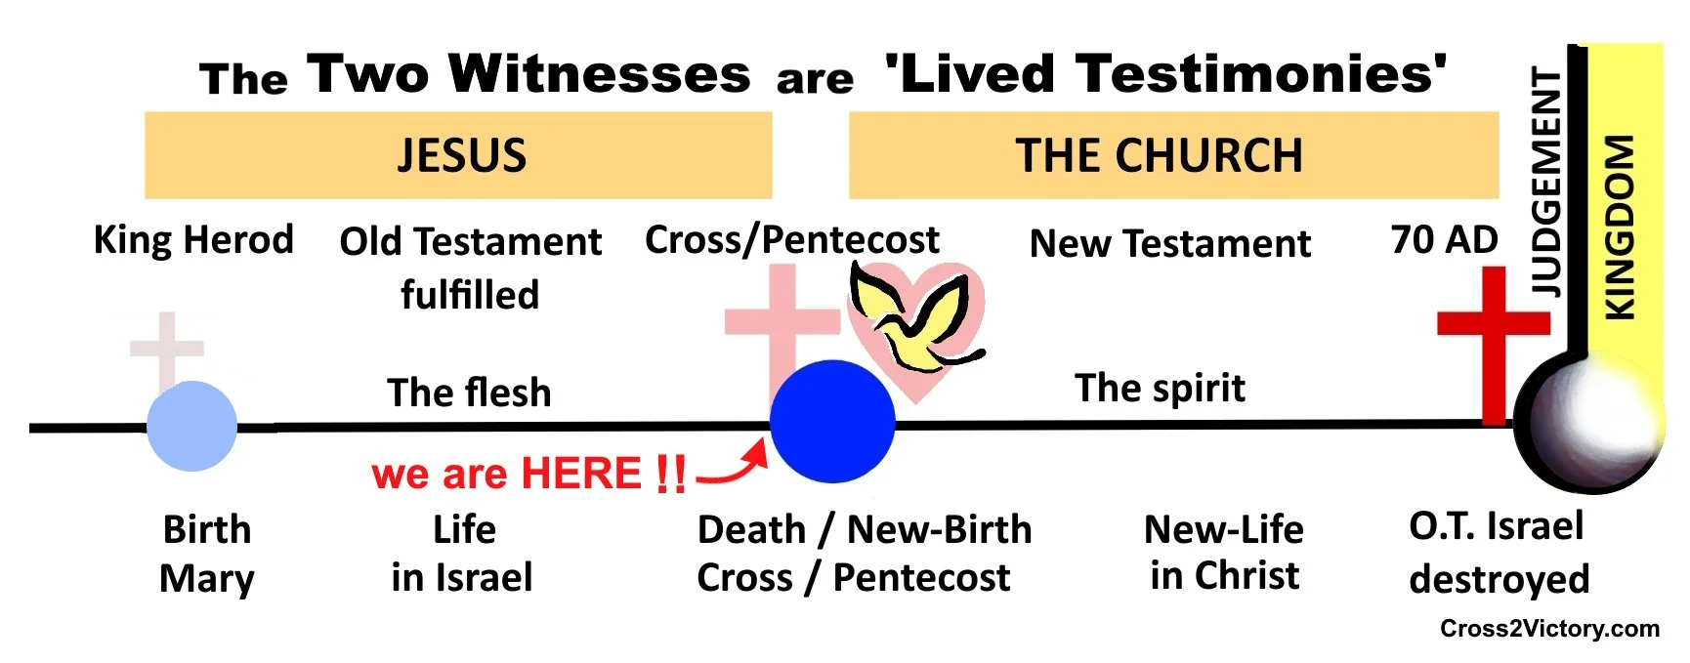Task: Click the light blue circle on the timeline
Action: pos(191,426)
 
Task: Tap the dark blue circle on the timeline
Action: pos(832,421)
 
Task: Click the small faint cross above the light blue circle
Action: pos(167,347)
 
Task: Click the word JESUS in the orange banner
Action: pos(461,155)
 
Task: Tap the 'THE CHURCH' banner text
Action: pos(1159,155)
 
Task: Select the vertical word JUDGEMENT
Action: pos(1546,182)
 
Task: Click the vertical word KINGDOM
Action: pos(1620,227)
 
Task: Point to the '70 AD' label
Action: pos(1444,239)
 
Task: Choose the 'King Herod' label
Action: pos(193,239)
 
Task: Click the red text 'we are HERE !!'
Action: pos(528,474)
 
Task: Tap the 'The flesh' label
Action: pos(469,393)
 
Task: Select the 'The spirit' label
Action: pos(1160,388)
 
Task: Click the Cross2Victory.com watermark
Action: pos(1549,628)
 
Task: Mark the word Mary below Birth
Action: pos(206,578)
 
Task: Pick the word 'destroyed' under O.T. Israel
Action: pos(1499,579)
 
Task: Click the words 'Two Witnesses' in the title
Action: pos(528,74)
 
